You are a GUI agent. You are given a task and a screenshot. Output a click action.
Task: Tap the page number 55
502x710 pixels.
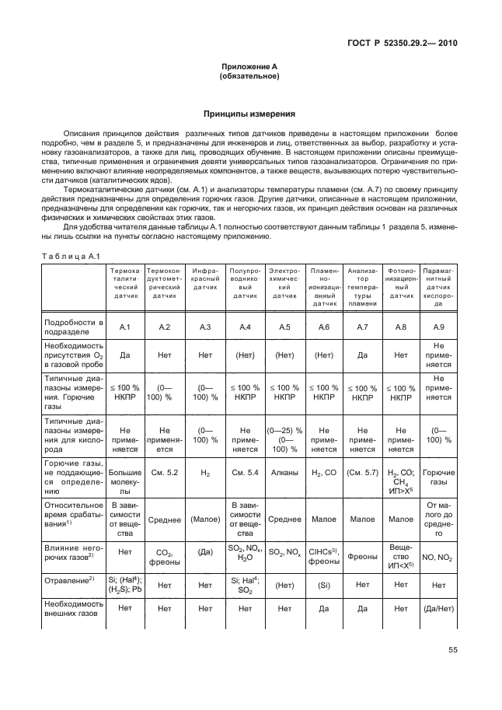(453, 652)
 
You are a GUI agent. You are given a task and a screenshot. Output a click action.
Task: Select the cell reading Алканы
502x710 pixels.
(284, 472)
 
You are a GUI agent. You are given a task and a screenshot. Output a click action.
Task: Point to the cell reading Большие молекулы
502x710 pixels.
(124, 477)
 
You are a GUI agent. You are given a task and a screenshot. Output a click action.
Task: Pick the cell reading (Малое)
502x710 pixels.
(205, 519)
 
